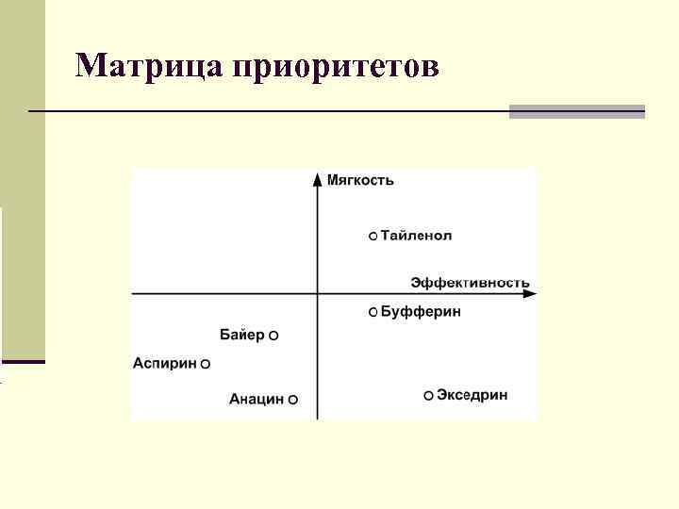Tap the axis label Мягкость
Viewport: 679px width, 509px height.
[x=360, y=179]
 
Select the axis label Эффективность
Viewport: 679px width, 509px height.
[x=470, y=282]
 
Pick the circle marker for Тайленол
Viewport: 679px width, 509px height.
[x=373, y=236]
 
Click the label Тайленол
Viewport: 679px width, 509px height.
[x=416, y=236]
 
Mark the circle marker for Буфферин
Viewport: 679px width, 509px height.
[x=373, y=312]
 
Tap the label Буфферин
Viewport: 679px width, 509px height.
[x=421, y=312]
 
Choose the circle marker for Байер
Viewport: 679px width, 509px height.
[x=273, y=336]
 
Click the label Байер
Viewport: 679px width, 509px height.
[x=242, y=335]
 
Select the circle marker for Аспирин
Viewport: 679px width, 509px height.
[x=206, y=364]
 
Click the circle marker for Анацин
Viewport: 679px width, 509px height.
[x=293, y=400]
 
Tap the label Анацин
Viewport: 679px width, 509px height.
[x=257, y=400]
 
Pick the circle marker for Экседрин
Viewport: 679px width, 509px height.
[x=429, y=396]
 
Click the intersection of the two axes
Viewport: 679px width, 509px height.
[x=317, y=294]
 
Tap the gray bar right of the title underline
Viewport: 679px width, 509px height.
[x=576, y=111]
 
